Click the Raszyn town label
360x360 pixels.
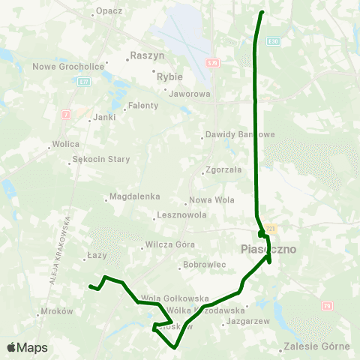click(146, 55)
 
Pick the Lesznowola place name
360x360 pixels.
click(181, 215)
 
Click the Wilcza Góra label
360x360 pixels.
click(170, 244)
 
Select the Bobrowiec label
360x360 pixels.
click(205, 265)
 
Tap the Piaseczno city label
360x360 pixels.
click(269, 248)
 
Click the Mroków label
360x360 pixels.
click(57, 310)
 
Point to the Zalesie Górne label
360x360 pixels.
click(317, 347)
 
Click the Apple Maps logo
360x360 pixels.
click(27, 347)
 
